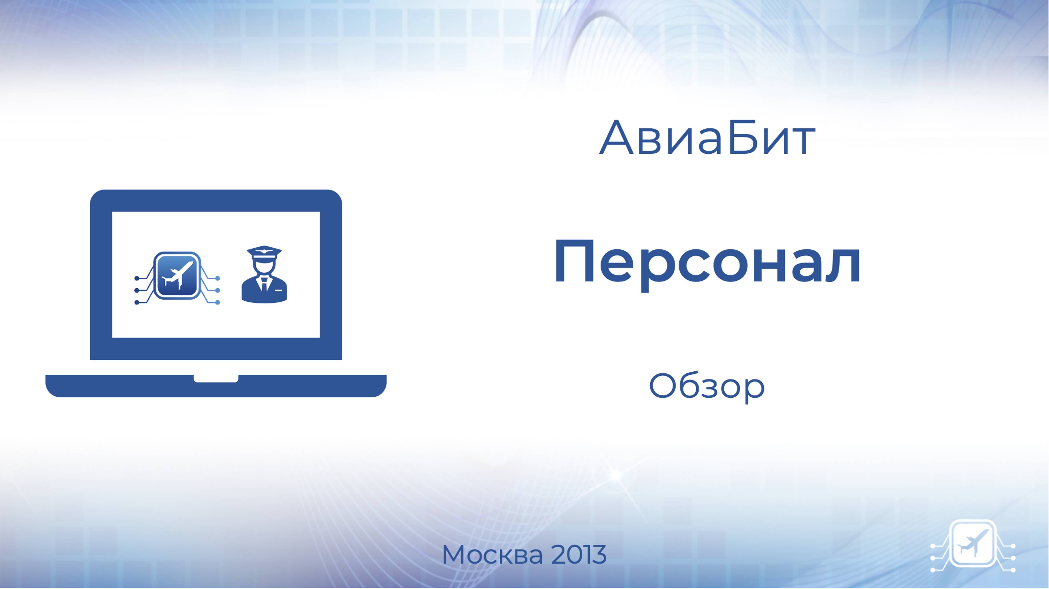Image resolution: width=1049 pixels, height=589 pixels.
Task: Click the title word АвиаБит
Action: pos(707,138)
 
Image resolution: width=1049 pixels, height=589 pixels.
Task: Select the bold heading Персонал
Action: pos(707,263)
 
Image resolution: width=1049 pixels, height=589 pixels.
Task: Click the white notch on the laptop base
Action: pos(216,378)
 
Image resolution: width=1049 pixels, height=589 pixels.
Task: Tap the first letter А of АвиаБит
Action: pos(616,138)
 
